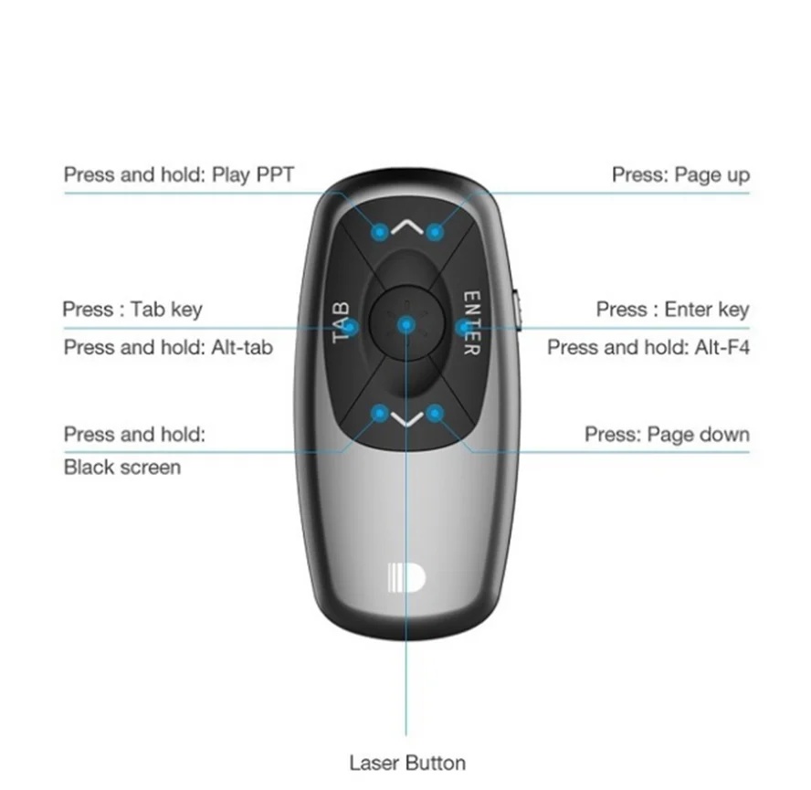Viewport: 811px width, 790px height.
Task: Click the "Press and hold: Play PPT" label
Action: click(179, 174)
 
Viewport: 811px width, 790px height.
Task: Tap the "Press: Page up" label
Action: click(680, 174)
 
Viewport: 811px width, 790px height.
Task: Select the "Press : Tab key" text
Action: click(132, 310)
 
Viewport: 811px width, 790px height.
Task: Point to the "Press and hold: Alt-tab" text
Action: click(168, 347)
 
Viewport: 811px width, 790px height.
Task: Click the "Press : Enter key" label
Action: click(672, 310)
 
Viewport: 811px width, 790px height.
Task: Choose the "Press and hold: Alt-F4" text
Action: click(648, 347)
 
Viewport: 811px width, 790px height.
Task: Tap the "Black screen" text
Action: click(122, 468)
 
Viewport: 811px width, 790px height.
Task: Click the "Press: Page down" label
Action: click(667, 435)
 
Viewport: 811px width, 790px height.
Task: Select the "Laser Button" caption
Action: click(407, 764)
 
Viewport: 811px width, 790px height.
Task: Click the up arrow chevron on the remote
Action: click(407, 226)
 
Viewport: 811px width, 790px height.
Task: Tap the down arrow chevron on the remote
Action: click(407, 419)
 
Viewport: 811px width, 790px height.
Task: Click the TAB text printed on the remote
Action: click(341, 322)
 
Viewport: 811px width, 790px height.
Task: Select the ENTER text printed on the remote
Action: click(471, 322)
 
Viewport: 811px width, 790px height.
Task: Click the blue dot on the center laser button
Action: click(406, 325)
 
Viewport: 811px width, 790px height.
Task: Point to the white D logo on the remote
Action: click(406, 578)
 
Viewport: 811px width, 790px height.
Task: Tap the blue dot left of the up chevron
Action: click(380, 232)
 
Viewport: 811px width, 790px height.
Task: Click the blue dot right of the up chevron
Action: click(435, 232)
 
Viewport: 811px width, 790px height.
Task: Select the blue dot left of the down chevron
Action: click(380, 414)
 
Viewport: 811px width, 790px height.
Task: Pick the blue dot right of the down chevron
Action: click(435, 414)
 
